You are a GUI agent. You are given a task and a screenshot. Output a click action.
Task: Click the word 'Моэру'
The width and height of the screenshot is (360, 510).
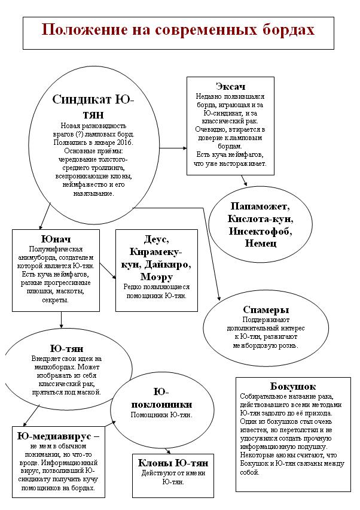[157, 277]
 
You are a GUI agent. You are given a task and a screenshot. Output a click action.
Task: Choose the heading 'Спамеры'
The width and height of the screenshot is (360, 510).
[266, 309]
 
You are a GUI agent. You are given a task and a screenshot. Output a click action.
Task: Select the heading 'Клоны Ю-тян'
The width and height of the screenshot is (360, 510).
[173, 464]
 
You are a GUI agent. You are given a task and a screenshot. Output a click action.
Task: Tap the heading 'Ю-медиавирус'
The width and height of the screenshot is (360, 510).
[55, 436]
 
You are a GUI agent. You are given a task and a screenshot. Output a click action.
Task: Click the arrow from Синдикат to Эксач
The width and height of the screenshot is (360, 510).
[173, 147]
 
